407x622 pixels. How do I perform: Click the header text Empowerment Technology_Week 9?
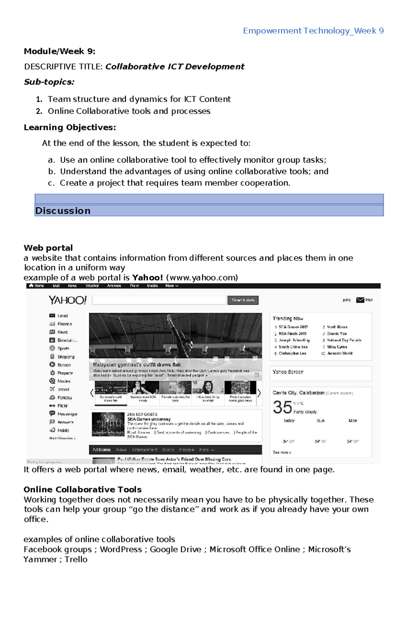[313, 31]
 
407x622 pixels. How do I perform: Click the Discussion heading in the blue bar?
[63, 211]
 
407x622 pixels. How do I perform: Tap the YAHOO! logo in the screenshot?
[67, 300]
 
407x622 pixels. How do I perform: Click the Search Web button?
[243, 300]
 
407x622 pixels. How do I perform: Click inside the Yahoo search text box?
[159, 300]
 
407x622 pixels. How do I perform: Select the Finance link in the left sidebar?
[64, 324]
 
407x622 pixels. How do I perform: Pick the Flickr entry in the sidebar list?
[62, 406]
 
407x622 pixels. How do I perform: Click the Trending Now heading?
[288, 319]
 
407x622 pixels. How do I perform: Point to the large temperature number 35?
[282, 407]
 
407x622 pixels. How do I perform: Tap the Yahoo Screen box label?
[288, 372]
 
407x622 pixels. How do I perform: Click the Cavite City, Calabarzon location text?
[298, 393]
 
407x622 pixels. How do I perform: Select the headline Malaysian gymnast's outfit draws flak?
[137, 365]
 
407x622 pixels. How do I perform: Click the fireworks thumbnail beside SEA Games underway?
[108, 424]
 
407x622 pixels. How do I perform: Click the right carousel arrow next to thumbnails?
[259, 393]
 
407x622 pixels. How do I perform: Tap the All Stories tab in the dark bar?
[102, 450]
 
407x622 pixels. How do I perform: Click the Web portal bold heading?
[48, 248]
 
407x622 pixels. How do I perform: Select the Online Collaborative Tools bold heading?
[82, 489]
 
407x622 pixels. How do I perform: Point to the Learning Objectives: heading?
[70, 127]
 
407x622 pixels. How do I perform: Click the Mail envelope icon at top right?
[360, 300]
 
